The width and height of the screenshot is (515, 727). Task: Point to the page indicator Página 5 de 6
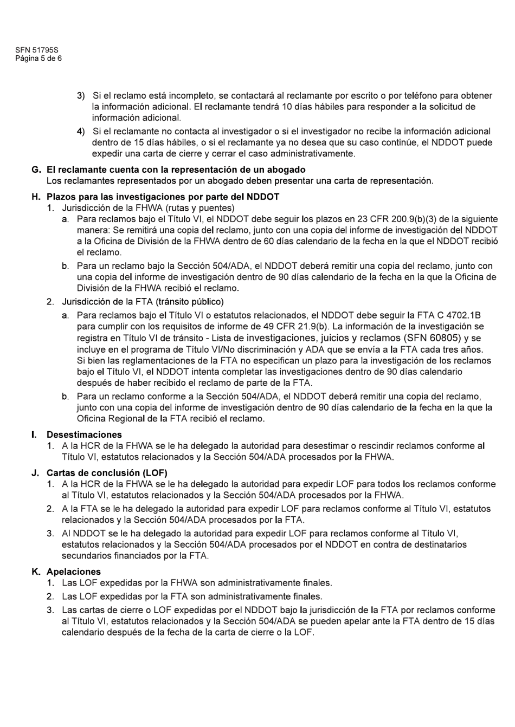click(x=38, y=59)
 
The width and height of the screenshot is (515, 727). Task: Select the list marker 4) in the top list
click(x=81, y=131)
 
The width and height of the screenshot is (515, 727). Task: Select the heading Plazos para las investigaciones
click(x=163, y=197)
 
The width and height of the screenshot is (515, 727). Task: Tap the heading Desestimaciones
click(x=84, y=434)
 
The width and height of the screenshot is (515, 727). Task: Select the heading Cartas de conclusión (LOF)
click(x=107, y=472)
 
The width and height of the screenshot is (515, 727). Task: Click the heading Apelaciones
click(x=74, y=572)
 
